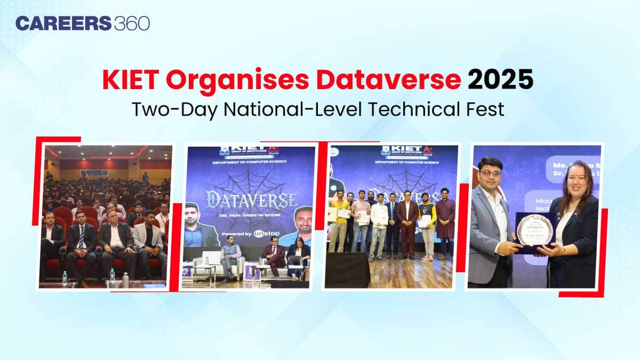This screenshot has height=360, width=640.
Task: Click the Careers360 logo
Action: click(x=82, y=23)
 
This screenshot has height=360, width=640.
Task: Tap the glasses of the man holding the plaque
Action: click(x=490, y=174)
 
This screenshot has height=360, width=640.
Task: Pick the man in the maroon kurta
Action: click(x=445, y=219)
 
